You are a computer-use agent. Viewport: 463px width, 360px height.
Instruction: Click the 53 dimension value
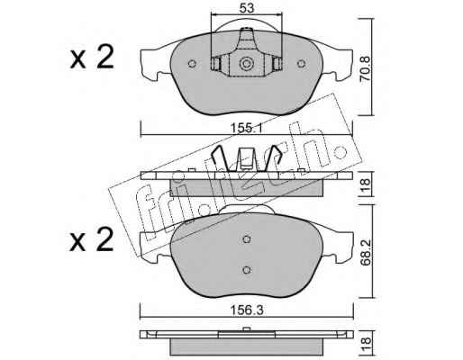[247, 8]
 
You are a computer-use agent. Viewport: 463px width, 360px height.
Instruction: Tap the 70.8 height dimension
[366, 68]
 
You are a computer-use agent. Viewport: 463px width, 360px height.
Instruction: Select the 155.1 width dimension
[247, 129]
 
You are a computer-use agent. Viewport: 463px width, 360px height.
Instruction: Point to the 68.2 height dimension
[366, 252]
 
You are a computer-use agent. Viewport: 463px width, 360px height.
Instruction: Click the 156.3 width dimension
[247, 310]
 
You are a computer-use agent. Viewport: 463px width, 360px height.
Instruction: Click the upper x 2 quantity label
[92, 57]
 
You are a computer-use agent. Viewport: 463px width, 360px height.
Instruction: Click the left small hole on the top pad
[192, 64]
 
